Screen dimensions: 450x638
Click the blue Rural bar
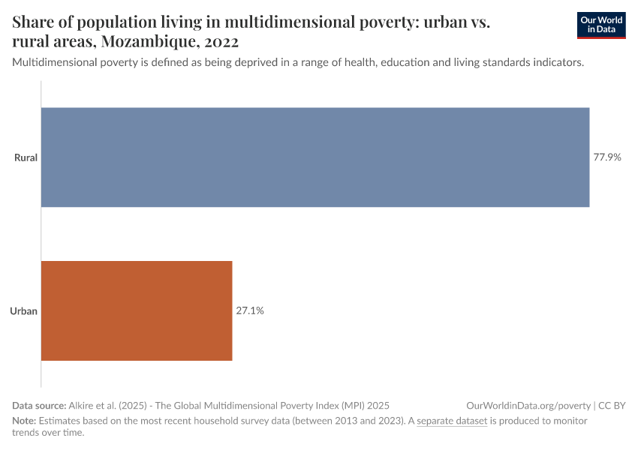(315, 157)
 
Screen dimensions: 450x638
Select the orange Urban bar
(137, 310)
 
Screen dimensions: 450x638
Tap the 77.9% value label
(607, 157)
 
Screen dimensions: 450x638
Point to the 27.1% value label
(250, 310)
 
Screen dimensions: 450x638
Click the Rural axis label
(26, 157)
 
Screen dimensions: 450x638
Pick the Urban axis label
(24, 310)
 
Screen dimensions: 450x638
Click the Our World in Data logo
(600, 25)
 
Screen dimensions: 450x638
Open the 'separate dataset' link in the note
(452, 421)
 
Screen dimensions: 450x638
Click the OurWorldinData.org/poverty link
(528, 405)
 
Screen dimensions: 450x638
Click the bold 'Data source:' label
(39, 405)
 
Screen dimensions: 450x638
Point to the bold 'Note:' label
(24, 421)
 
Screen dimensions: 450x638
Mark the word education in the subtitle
(406, 63)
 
